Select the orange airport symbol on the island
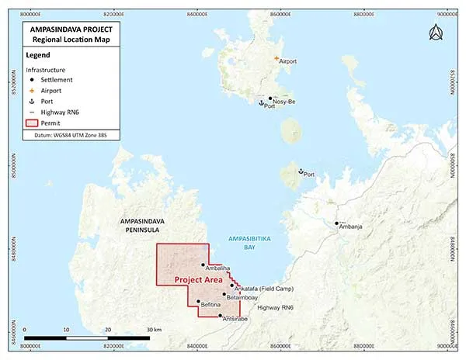click(275, 58)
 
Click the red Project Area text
click(199, 279)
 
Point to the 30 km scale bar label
click(152, 330)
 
